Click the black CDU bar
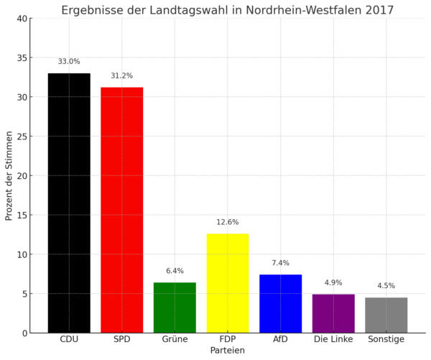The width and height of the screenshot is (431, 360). coord(69,203)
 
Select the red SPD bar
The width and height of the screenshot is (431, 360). coord(121,210)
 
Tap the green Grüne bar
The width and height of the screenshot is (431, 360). coord(175,308)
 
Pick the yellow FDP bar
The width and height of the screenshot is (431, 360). coord(228,283)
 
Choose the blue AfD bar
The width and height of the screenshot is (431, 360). coord(280,303)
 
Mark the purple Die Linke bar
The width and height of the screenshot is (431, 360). coord(333,313)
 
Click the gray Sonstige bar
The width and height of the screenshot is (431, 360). coord(386,315)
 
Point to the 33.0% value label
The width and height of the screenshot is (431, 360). coord(69,62)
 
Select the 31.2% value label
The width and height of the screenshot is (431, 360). coord(121,75)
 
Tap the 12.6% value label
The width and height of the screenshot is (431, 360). coord(228,222)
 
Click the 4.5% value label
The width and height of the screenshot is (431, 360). coord(386,285)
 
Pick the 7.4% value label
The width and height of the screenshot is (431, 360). coord(280,263)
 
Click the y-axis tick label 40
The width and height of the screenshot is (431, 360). coord(24,19)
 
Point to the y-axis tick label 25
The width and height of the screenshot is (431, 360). coord(24,137)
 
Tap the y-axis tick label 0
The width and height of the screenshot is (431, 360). coord(26,333)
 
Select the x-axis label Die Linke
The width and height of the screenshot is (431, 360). coord(333,339)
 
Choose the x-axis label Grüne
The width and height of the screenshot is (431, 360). coord(175,339)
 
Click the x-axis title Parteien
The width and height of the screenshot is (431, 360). coord(228,351)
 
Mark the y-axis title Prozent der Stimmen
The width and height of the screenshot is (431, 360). coord(9,175)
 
